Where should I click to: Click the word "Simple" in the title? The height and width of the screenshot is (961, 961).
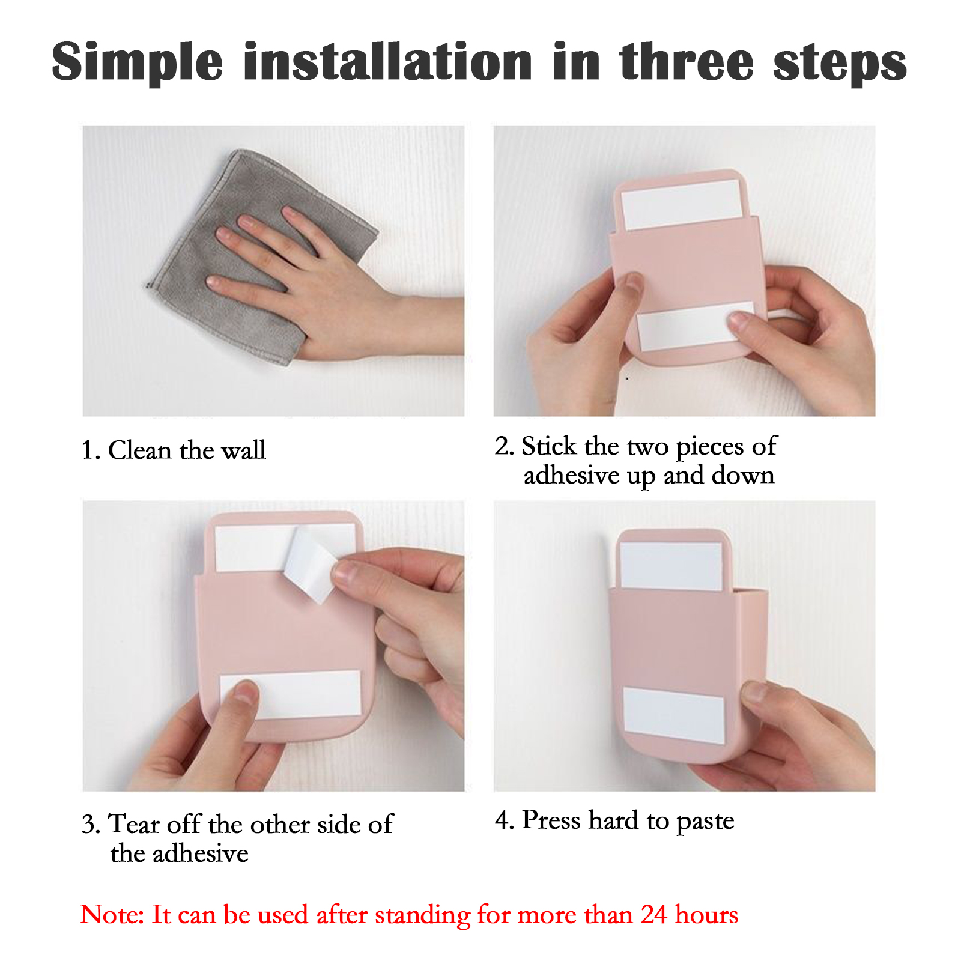pos(138,62)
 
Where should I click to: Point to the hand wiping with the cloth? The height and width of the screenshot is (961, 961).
pos(336,288)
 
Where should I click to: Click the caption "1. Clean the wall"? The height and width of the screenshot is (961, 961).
pos(174,450)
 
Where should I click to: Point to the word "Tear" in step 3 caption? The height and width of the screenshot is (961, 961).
pos(135,824)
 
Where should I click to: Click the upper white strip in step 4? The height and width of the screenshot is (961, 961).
pos(671,566)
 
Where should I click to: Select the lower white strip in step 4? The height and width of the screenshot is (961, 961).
pos(674,715)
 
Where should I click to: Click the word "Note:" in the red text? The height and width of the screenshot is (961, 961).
pos(112,914)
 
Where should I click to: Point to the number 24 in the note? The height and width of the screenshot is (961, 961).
pos(653,914)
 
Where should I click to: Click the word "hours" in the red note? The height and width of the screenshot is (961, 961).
pos(707,914)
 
